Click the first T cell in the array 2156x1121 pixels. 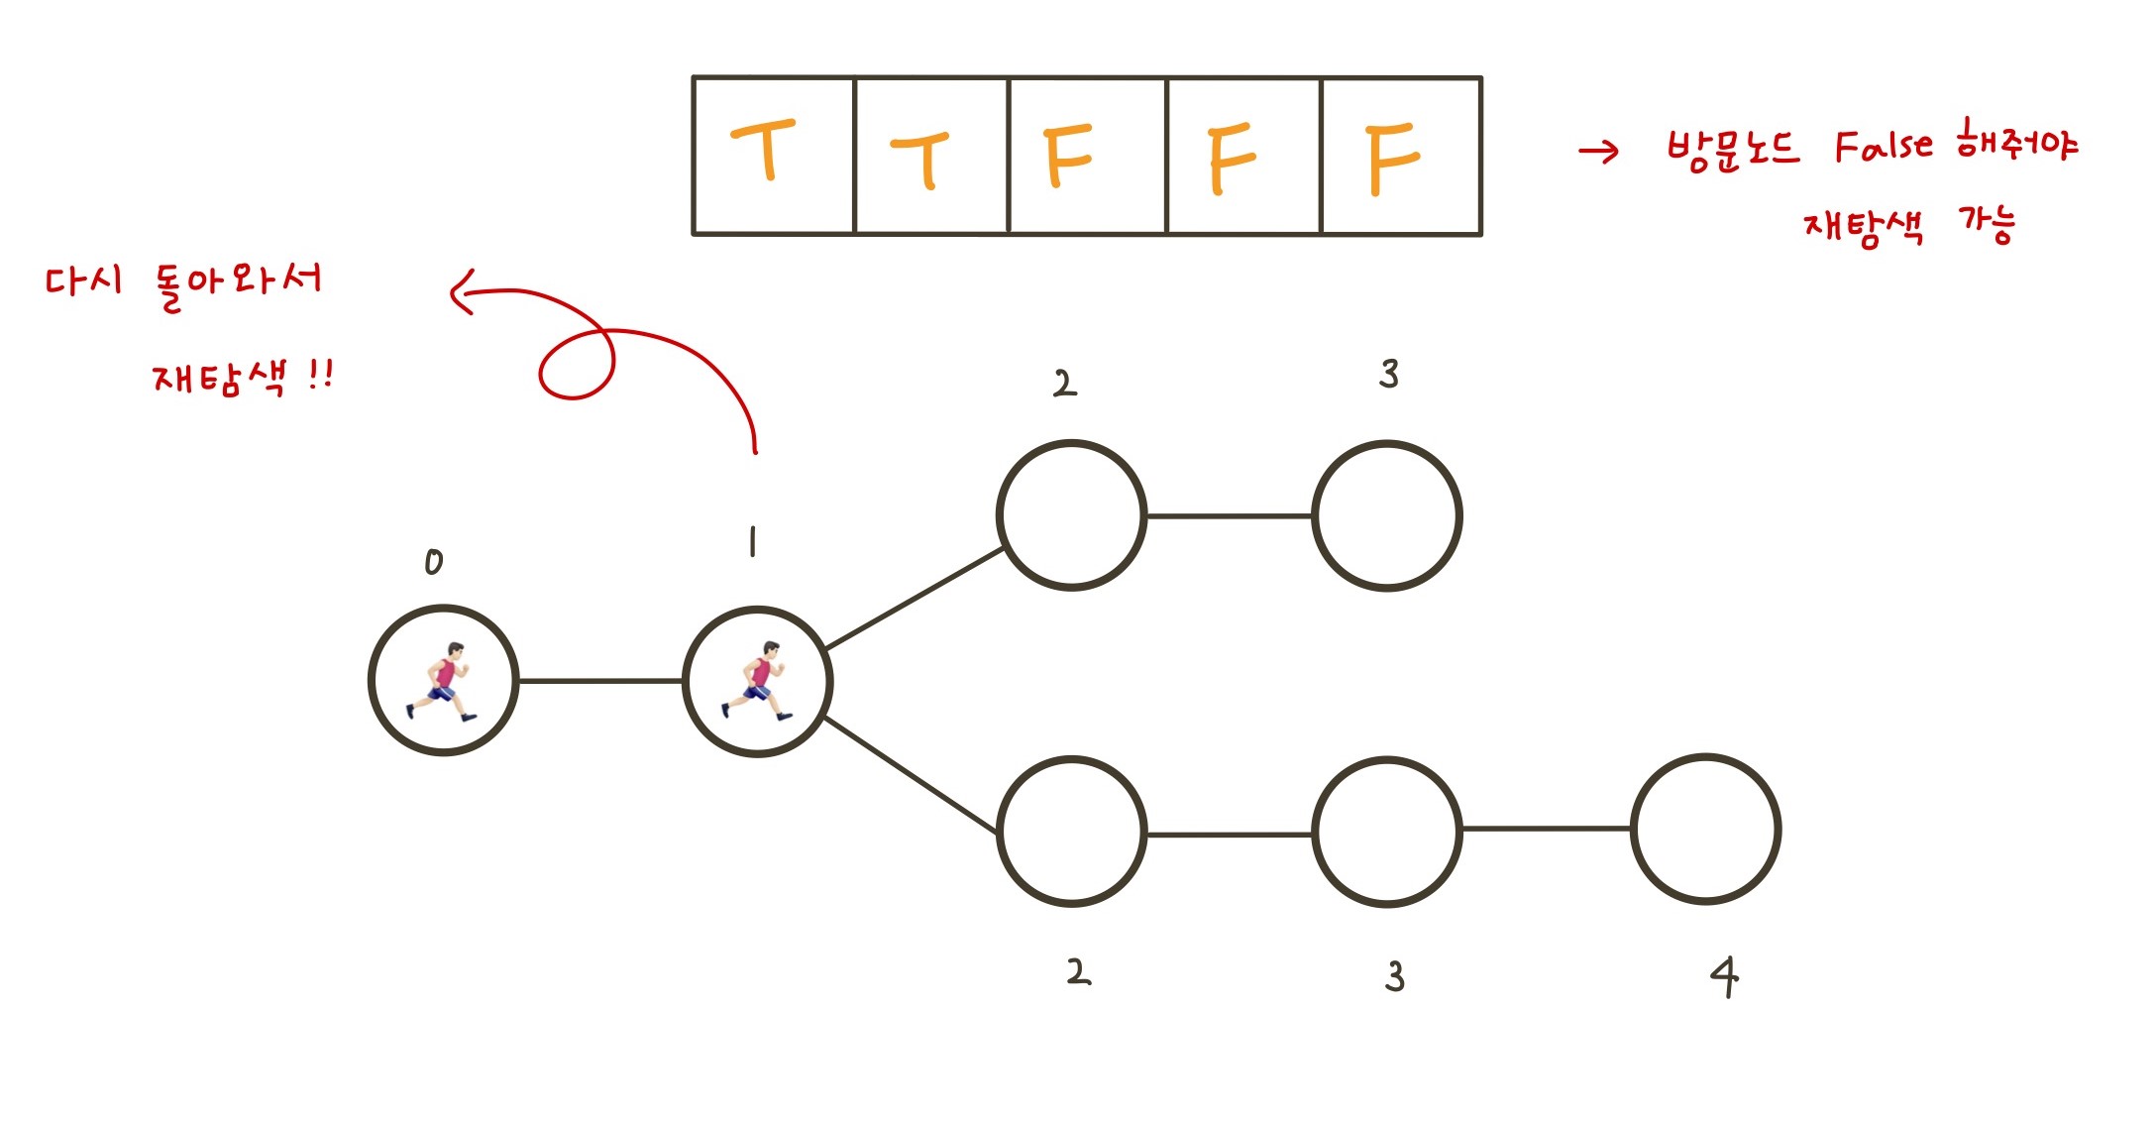tap(773, 156)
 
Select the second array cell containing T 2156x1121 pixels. tap(930, 156)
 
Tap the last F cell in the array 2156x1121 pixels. tap(1401, 156)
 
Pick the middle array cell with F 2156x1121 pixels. tap(1243, 156)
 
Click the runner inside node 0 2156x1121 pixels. tap(443, 681)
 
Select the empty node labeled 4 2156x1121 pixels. tap(1705, 830)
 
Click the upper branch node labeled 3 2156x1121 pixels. tap(1387, 515)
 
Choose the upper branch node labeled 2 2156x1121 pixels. tap(1071, 515)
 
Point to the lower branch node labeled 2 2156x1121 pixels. tap(1071, 832)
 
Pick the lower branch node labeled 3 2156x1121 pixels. tap(1387, 832)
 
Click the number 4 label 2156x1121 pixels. tap(1724, 976)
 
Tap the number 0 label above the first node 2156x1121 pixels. tap(434, 563)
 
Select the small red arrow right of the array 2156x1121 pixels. tap(1598, 152)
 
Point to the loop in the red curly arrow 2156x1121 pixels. tap(577, 365)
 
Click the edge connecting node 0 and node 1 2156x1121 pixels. tap(600, 681)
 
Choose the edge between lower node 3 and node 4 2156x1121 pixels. tap(1546, 829)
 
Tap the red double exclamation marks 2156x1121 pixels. tap(320, 376)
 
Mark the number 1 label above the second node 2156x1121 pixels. tap(753, 542)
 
